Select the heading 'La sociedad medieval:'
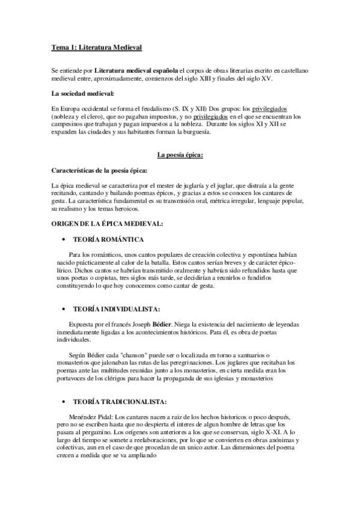[x=82, y=94]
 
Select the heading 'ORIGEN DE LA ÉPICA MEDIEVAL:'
[x=107, y=224]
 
